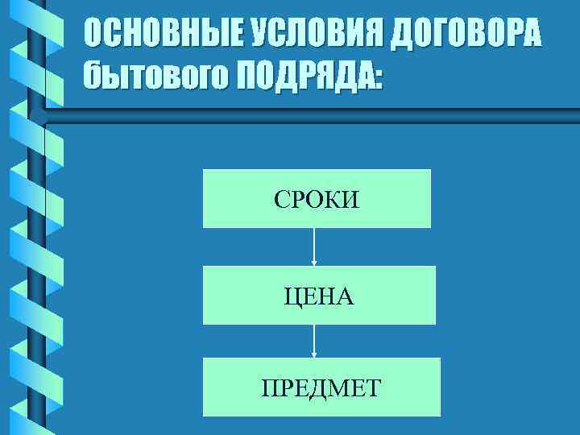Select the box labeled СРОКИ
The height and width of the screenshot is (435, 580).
pyautogui.click(x=317, y=198)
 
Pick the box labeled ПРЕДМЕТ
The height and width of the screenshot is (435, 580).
pyautogui.click(x=321, y=387)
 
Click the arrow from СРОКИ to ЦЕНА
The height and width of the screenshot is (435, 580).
pyautogui.click(x=314, y=246)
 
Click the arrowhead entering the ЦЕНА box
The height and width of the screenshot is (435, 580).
pyautogui.click(x=314, y=263)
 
